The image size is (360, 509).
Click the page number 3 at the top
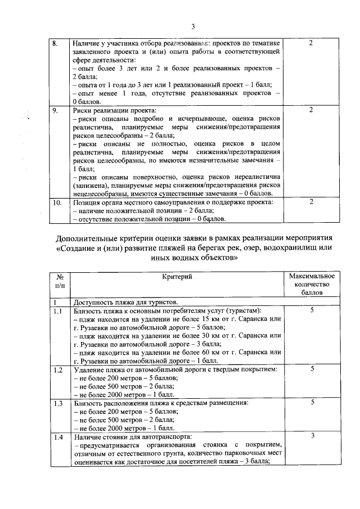click(192, 26)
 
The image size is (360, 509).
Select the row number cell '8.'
click(55, 43)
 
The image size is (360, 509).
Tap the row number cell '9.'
click(55, 110)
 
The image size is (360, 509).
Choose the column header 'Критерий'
click(177, 277)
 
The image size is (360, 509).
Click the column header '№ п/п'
click(59, 281)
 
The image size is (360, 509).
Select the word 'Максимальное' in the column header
click(312, 277)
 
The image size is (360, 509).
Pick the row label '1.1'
click(57, 311)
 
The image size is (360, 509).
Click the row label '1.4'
click(57, 437)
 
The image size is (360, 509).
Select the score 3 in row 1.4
click(312, 437)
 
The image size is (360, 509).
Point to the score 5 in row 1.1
click(312, 311)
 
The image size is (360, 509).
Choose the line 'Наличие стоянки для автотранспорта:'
click(132, 437)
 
